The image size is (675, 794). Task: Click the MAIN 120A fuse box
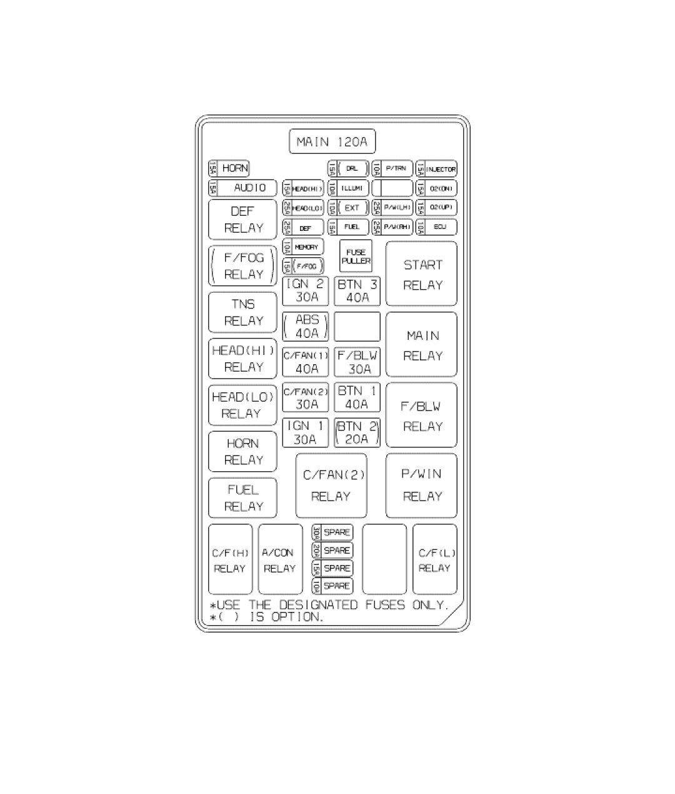click(x=332, y=141)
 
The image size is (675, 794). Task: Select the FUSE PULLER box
click(x=356, y=257)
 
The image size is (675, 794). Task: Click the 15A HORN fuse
click(x=229, y=168)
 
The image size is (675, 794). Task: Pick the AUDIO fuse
click(x=242, y=188)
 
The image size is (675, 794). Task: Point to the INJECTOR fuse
click(x=436, y=169)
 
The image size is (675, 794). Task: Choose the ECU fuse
click(x=436, y=227)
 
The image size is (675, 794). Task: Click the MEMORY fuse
click(x=303, y=247)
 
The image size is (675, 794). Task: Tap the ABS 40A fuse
click(x=306, y=327)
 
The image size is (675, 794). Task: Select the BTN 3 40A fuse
click(x=357, y=291)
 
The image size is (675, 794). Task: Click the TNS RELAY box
click(x=242, y=312)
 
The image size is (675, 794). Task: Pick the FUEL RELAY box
click(x=242, y=498)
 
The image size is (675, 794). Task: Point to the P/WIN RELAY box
click(x=421, y=486)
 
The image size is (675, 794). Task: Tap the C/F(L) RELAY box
click(x=435, y=560)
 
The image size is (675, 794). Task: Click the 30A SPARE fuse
click(x=332, y=532)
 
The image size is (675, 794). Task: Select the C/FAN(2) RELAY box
click(x=331, y=486)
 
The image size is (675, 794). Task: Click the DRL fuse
click(x=348, y=169)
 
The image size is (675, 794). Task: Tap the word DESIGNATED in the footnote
click(x=318, y=605)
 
